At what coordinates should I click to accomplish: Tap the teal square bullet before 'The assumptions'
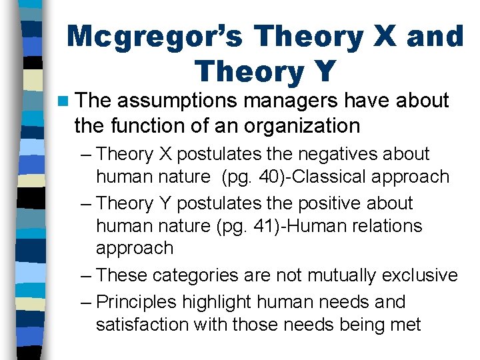tap(63, 101)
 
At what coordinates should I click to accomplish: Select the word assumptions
tap(179, 101)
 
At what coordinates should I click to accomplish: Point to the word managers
tap(295, 101)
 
